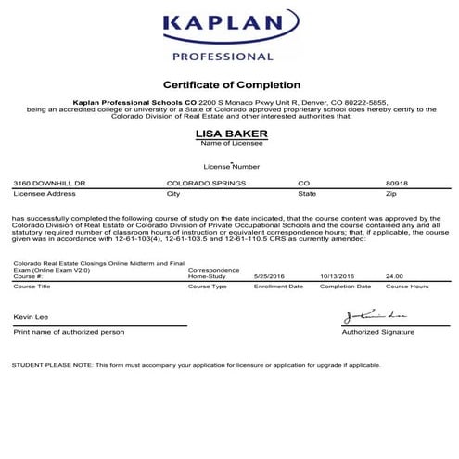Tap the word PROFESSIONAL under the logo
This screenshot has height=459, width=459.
click(229, 56)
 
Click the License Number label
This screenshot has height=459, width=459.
click(231, 166)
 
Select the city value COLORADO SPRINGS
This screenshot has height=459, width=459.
click(206, 184)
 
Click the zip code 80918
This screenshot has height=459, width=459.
click(396, 184)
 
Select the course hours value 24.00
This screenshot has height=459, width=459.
click(394, 276)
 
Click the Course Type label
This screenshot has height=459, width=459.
click(207, 287)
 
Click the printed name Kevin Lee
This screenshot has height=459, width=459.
click(30, 317)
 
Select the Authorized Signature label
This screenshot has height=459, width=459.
click(378, 331)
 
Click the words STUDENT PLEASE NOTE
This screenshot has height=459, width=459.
click(47, 365)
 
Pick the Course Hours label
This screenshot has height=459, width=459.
click(405, 287)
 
